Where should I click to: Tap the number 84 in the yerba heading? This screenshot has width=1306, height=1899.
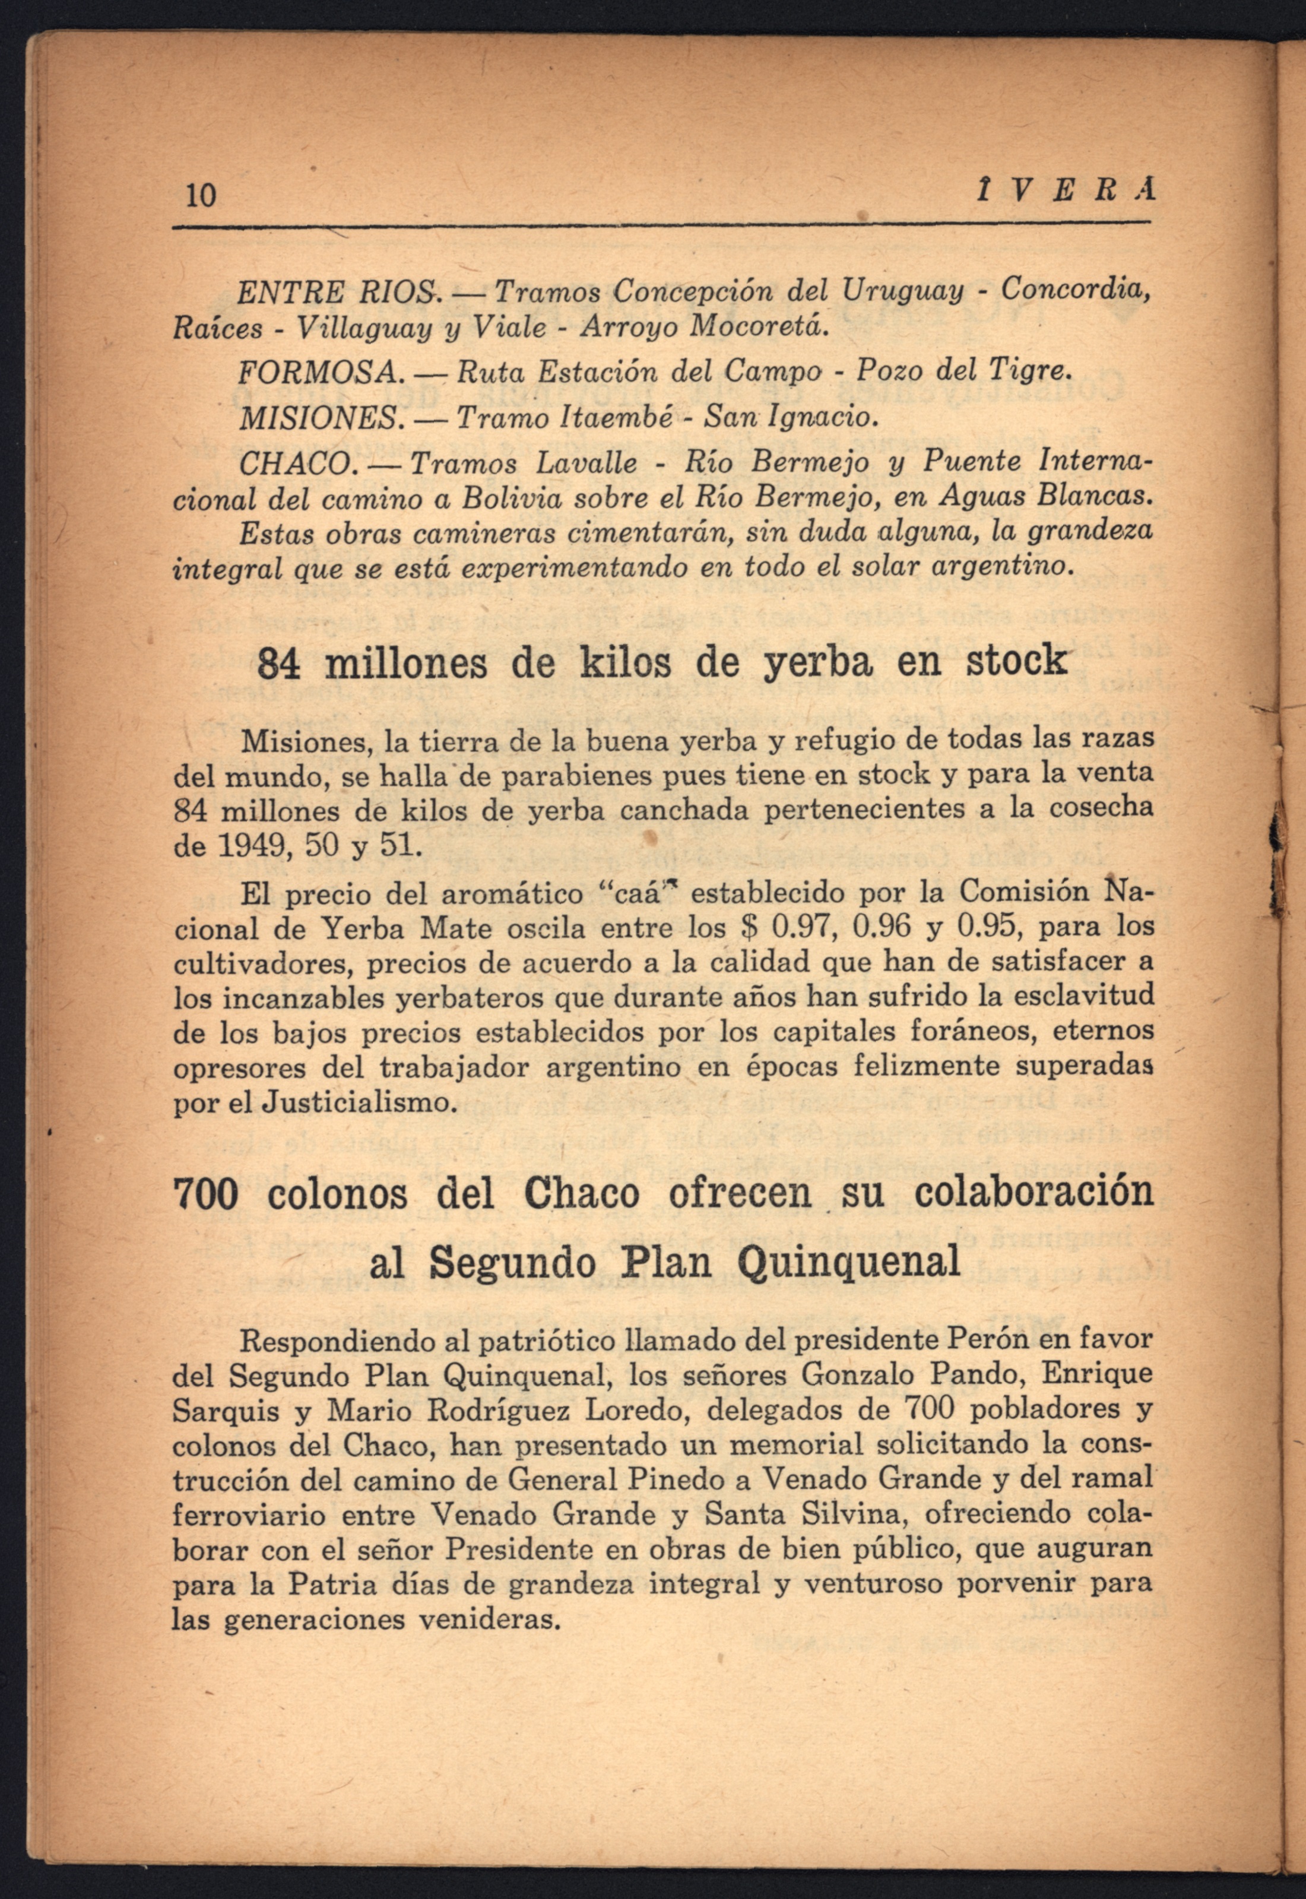point(281,665)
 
